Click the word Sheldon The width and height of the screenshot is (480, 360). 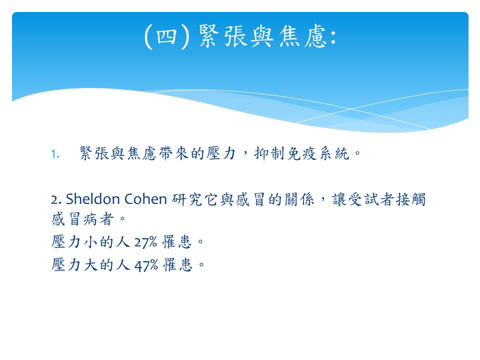[92, 199]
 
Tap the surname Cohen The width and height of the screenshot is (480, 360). [145, 199]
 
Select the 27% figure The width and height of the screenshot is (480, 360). [145, 242]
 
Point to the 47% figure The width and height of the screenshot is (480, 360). [146, 265]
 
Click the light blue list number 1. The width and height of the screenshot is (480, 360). [55, 154]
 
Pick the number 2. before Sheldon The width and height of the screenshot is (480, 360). [56, 199]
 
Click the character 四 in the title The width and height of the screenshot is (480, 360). [167, 36]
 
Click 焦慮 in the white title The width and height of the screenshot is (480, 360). [303, 36]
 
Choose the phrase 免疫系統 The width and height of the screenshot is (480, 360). [318, 153]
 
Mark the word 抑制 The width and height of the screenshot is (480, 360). [269, 153]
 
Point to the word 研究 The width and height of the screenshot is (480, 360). [186, 199]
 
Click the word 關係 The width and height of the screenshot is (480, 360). [299, 199]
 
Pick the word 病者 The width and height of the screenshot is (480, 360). [98, 219]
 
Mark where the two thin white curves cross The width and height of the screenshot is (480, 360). [351, 108]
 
